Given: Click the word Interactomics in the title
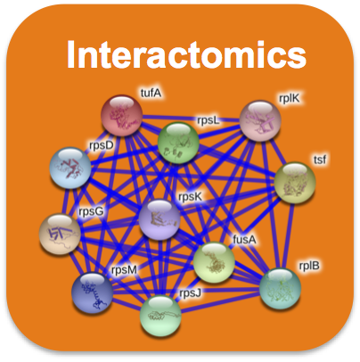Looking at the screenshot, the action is click(x=186, y=54).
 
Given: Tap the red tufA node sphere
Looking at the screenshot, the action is click(x=122, y=116).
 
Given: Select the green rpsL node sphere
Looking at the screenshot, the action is click(x=178, y=143).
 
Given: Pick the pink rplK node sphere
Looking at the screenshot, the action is click(x=260, y=120).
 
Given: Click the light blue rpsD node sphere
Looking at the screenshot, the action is click(x=70, y=168).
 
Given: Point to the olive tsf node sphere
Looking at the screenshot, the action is click(x=295, y=183).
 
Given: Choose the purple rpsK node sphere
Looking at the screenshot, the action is click(x=160, y=219).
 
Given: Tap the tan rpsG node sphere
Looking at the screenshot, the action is click(x=60, y=234).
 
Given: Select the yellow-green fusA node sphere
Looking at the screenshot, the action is click(x=214, y=262).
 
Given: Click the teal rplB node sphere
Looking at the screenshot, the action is click(x=280, y=289).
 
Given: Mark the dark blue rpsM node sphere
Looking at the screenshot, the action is click(x=93, y=293).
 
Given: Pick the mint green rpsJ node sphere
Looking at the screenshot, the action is click(x=160, y=316).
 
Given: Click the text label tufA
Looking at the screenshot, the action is click(x=151, y=94).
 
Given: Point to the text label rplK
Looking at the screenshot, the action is click(x=290, y=99).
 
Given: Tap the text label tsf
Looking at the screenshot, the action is click(x=320, y=160).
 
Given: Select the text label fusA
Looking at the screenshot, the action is click(x=244, y=239).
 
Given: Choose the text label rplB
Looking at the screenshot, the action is click(x=309, y=266).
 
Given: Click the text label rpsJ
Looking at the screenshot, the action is click(x=190, y=293).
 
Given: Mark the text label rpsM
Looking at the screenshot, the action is click(x=124, y=270).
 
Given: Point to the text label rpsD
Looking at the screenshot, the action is click(x=102, y=146).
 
